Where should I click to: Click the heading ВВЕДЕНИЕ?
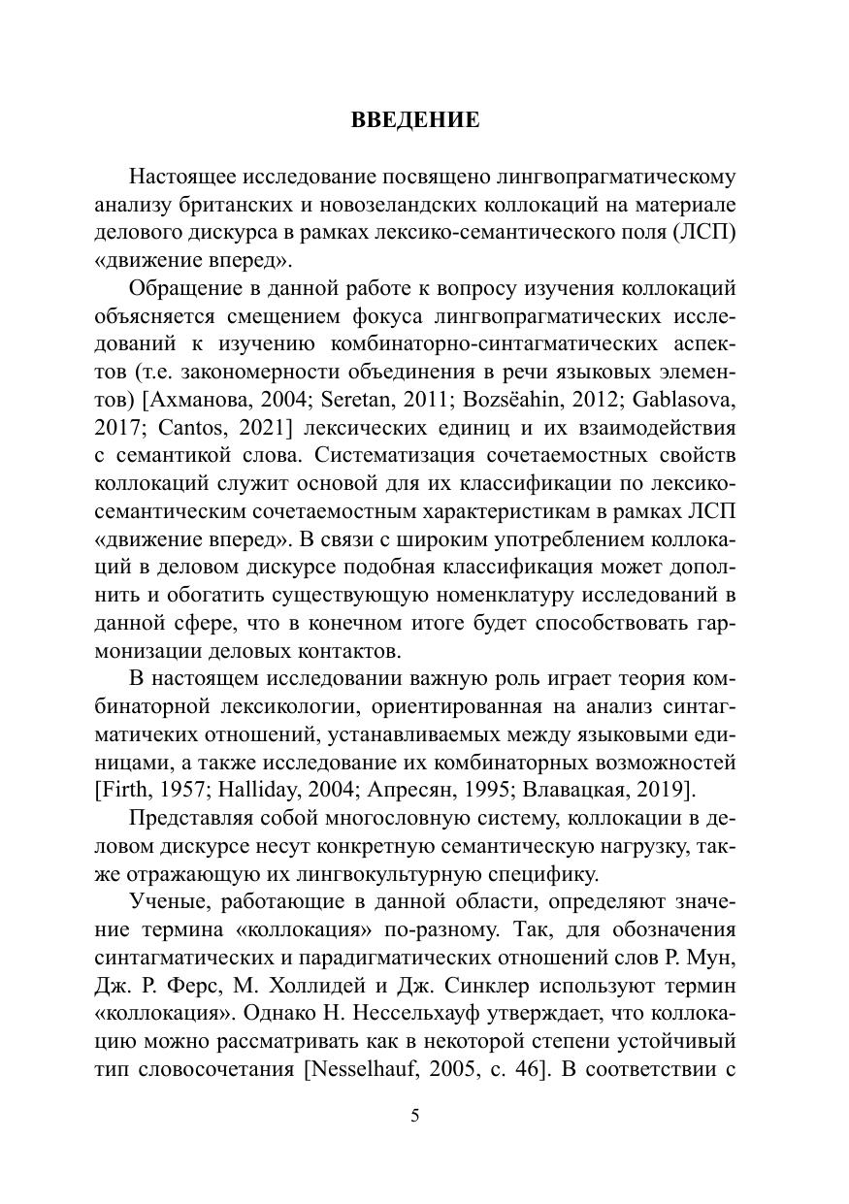click(x=415, y=120)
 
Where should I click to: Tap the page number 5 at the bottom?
click(x=415, y=1116)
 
